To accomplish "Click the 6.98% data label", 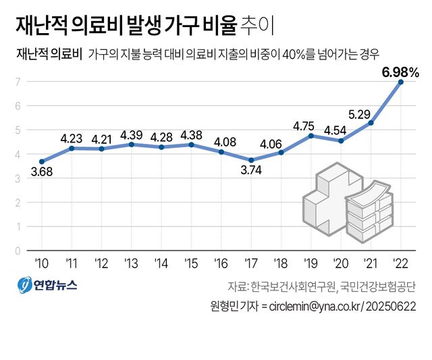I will click(x=401, y=71).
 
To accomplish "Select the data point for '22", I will click(x=402, y=82).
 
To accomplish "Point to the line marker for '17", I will click(x=251, y=160).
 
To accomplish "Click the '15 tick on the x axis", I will click(x=191, y=262).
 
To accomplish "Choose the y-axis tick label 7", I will click(x=18, y=82).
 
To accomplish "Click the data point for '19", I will click(x=311, y=136).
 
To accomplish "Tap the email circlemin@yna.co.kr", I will click(x=314, y=306).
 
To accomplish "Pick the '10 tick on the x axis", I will click(x=41, y=262).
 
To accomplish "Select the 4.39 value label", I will click(x=131, y=134).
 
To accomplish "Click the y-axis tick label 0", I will click(x=18, y=251).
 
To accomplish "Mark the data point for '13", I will click(x=131, y=145).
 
